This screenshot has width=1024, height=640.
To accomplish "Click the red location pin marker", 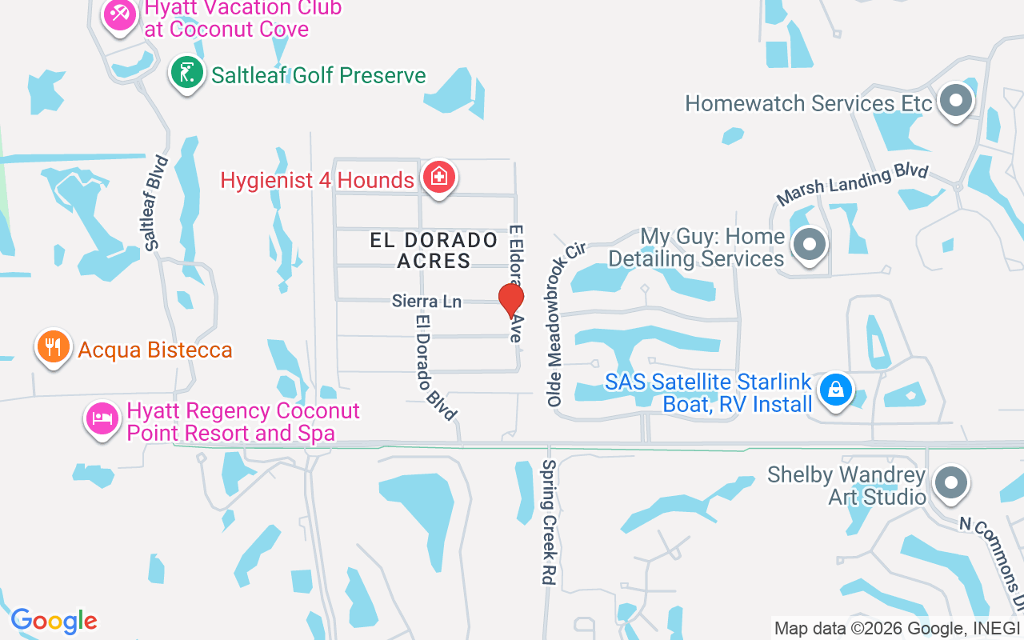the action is tap(511, 301).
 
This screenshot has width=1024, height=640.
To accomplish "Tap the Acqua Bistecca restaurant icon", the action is tap(54, 348).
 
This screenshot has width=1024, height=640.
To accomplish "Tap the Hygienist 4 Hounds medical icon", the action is tap(438, 178).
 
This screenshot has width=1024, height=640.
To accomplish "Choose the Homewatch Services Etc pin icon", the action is tap(955, 102).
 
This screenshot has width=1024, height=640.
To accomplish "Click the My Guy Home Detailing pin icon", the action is tap(810, 245).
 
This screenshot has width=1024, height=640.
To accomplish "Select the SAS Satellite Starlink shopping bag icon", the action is tap(836, 390).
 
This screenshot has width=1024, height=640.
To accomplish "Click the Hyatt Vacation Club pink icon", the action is tap(120, 14).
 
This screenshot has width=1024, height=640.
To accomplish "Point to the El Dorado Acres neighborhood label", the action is tap(434, 250).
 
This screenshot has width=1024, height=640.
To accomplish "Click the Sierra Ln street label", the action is tap(427, 302).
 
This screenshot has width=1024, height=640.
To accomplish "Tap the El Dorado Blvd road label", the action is tap(435, 366).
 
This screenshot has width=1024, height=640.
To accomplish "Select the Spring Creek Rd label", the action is tap(549, 522).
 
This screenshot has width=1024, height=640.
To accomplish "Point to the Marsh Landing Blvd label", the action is tap(853, 185).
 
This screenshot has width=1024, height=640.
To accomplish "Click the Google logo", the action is tap(54, 621).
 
